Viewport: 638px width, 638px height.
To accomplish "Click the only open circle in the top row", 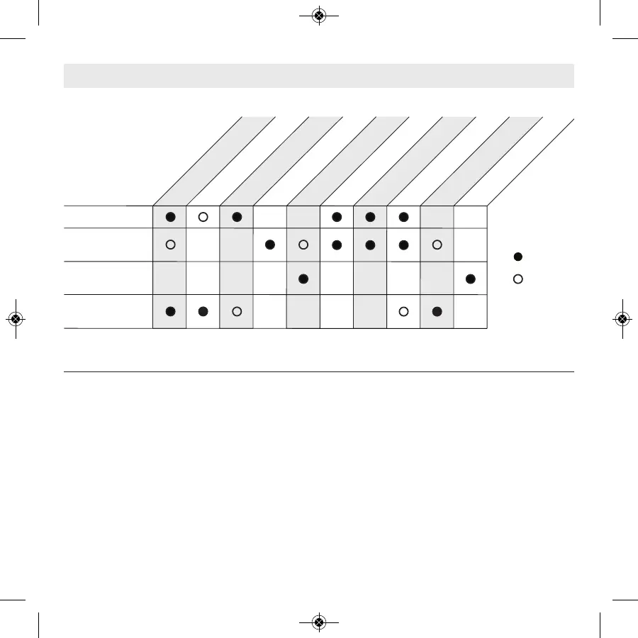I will click(203, 217).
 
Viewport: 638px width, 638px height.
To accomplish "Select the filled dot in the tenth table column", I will click(471, 279).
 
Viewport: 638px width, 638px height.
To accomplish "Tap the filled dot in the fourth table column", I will click(269, 245).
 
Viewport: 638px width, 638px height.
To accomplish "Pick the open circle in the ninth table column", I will click(437, 245).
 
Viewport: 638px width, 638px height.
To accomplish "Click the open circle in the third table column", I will click(237, 311).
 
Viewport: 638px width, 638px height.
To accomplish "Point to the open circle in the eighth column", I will click(404, 311).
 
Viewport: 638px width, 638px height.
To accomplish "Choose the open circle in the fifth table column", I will click(303, 245).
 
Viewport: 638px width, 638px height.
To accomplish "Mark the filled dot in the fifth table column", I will click(303, 279).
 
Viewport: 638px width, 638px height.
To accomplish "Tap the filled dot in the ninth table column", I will click(437, 311).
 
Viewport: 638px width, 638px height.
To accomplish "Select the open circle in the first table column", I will click(170, 245).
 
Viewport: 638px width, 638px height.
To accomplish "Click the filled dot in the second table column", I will click(203, 311).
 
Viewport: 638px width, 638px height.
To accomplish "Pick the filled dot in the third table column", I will click(237, 217).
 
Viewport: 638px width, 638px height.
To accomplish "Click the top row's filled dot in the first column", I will click(170, 217).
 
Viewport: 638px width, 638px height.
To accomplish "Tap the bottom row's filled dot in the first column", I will click(170, 311).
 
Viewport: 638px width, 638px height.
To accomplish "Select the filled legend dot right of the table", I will click(518, 256).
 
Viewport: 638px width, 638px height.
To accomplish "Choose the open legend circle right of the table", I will click(518, 279).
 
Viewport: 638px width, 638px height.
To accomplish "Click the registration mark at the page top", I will click(318, 15).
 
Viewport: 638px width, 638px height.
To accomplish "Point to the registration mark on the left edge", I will click(16, 319).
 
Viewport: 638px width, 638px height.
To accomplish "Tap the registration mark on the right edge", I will click(622, 319).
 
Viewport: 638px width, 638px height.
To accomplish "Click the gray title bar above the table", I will click(318, 76).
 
